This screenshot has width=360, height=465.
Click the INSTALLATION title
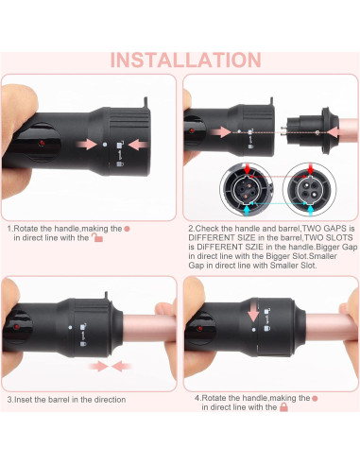(180, 59)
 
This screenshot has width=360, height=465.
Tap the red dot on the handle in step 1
(43, 141)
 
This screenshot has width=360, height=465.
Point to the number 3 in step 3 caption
(9, 399)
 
